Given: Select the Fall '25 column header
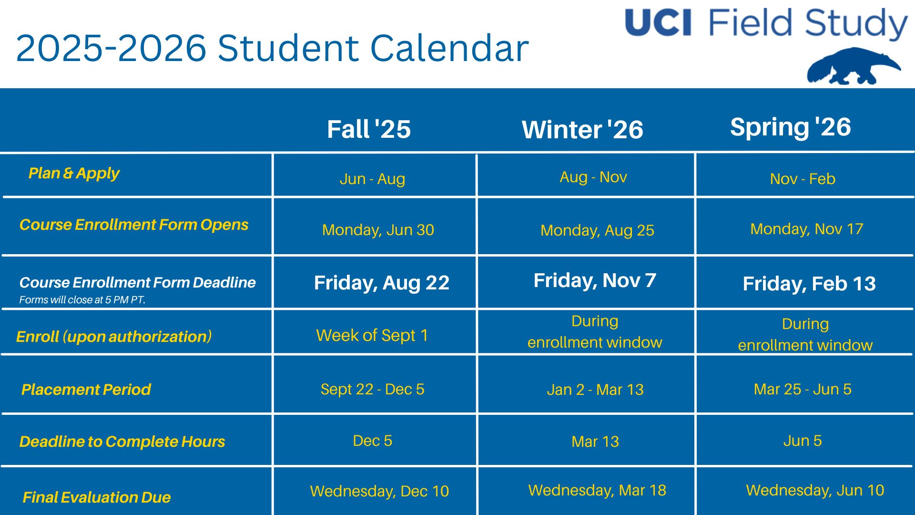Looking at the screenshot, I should point(369,129).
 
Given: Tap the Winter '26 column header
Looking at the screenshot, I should point(582,130).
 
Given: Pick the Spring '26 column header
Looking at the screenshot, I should point(790,127).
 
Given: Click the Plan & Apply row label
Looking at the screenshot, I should point(74,173).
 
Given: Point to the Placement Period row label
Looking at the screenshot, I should point(86,390).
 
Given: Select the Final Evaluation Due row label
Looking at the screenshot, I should point(97,497).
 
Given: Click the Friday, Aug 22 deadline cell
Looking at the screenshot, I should point(381,283).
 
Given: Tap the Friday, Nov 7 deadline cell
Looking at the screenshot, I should point(595,280).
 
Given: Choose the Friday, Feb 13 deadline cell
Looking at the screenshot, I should point(809,284).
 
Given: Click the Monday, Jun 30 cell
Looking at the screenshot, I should point(378,230).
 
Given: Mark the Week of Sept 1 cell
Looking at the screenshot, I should point(372,335).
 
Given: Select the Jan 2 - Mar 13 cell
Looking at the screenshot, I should point(595,390).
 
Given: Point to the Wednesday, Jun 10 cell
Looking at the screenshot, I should point(814,490).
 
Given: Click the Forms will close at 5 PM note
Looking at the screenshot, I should point(82,300).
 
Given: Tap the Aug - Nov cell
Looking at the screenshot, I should point(593,177).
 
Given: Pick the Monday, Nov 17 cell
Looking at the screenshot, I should point(806,229).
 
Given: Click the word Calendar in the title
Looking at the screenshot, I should point(449,49).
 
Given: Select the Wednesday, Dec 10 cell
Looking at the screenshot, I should point(379,491).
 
